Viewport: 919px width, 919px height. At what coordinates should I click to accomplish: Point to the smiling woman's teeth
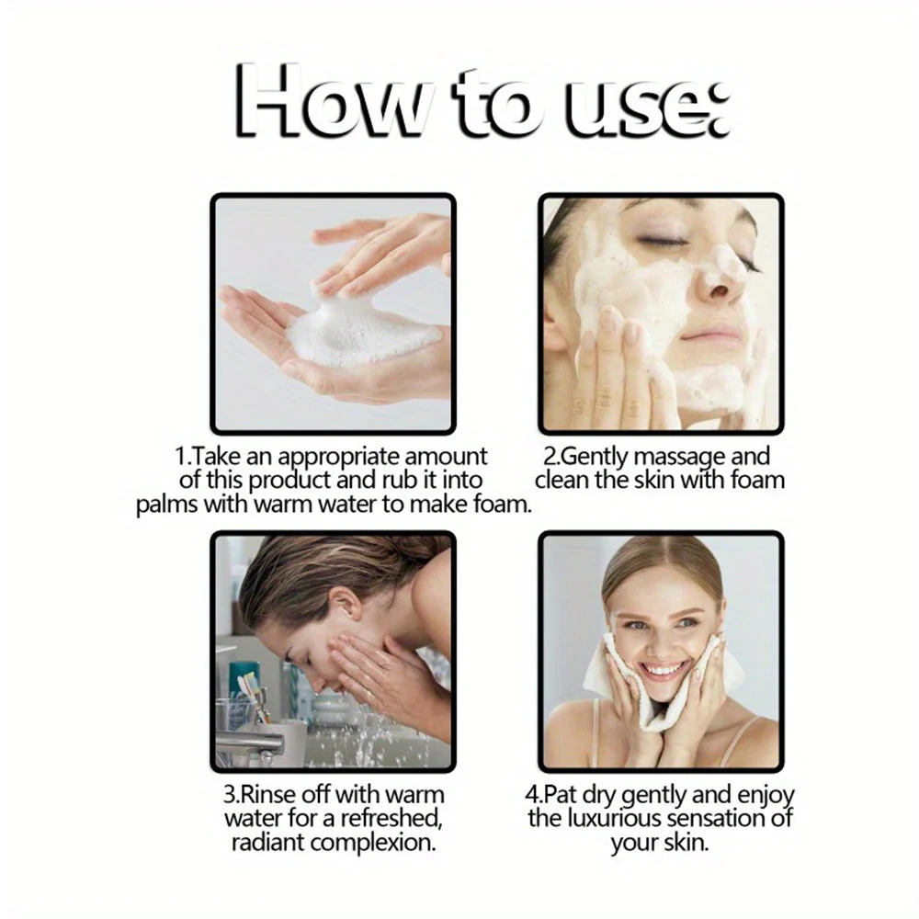[x=665, y=669]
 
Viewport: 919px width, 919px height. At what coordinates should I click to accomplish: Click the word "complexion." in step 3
[x=373, y=844]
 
